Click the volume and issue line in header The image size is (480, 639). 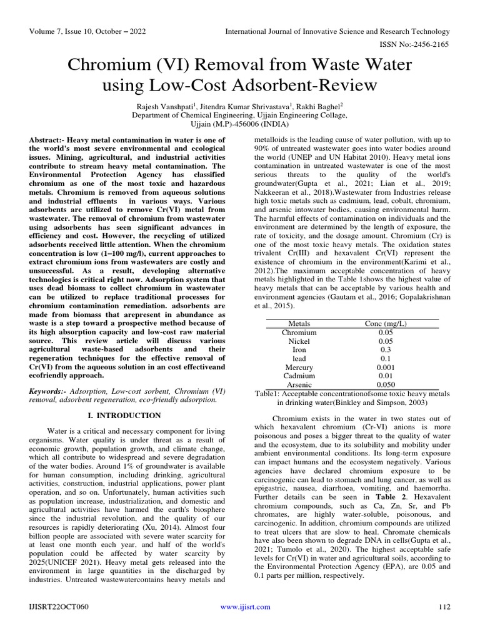(86, 32)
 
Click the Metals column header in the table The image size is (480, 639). (299, 324)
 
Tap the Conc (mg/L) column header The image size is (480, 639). (385, 324)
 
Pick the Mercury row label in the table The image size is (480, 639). (299, 368)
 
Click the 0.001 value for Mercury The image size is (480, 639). (385, 368)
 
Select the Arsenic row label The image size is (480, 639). (299, 385)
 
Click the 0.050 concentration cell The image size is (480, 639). (385, 385)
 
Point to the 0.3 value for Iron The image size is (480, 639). (385, 350)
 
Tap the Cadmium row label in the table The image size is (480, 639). (299, 376)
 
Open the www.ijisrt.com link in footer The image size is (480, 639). (246, 607)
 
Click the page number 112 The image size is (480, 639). (444, 607)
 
